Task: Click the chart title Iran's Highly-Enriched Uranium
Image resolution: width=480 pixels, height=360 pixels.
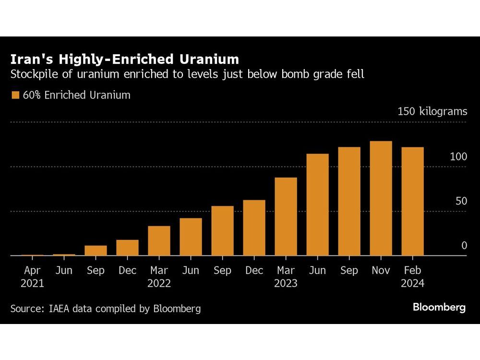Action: [x=125, y=59]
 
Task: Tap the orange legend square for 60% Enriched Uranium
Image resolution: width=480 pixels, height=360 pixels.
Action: [x=15, y=95]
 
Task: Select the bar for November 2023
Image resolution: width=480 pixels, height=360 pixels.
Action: [x=381, y=198]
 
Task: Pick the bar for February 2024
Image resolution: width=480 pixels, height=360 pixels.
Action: [x=412, y=201]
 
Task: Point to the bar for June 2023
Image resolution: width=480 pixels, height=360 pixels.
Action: [x=317, y=204]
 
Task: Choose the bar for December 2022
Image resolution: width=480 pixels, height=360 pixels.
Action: [x=254, y=228]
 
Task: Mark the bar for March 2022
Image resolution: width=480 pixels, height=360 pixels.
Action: [x=159, y=240]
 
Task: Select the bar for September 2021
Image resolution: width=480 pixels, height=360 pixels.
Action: [x=96, y=250]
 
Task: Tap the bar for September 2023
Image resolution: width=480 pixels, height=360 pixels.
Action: [x=349, y=201]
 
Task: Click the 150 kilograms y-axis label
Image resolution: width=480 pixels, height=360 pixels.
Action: [x=432, y=111]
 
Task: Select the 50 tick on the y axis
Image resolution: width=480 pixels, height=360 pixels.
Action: [x=461, y=201]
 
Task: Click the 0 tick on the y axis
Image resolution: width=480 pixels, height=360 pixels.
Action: [x=464, y=245]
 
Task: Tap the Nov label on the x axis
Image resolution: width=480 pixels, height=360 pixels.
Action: [x=381, y=271]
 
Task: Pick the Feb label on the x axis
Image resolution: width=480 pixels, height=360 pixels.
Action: [x=412, y=271]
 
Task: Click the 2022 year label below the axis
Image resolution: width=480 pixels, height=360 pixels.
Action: [x=159, y=284]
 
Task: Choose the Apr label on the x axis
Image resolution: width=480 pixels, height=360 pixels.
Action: [x=32, y=271]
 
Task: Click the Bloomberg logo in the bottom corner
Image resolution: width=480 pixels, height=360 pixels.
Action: [x=439, y=307]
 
